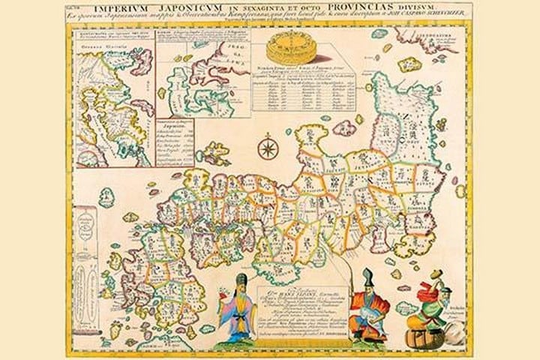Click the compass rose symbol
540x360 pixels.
point(266,146)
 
